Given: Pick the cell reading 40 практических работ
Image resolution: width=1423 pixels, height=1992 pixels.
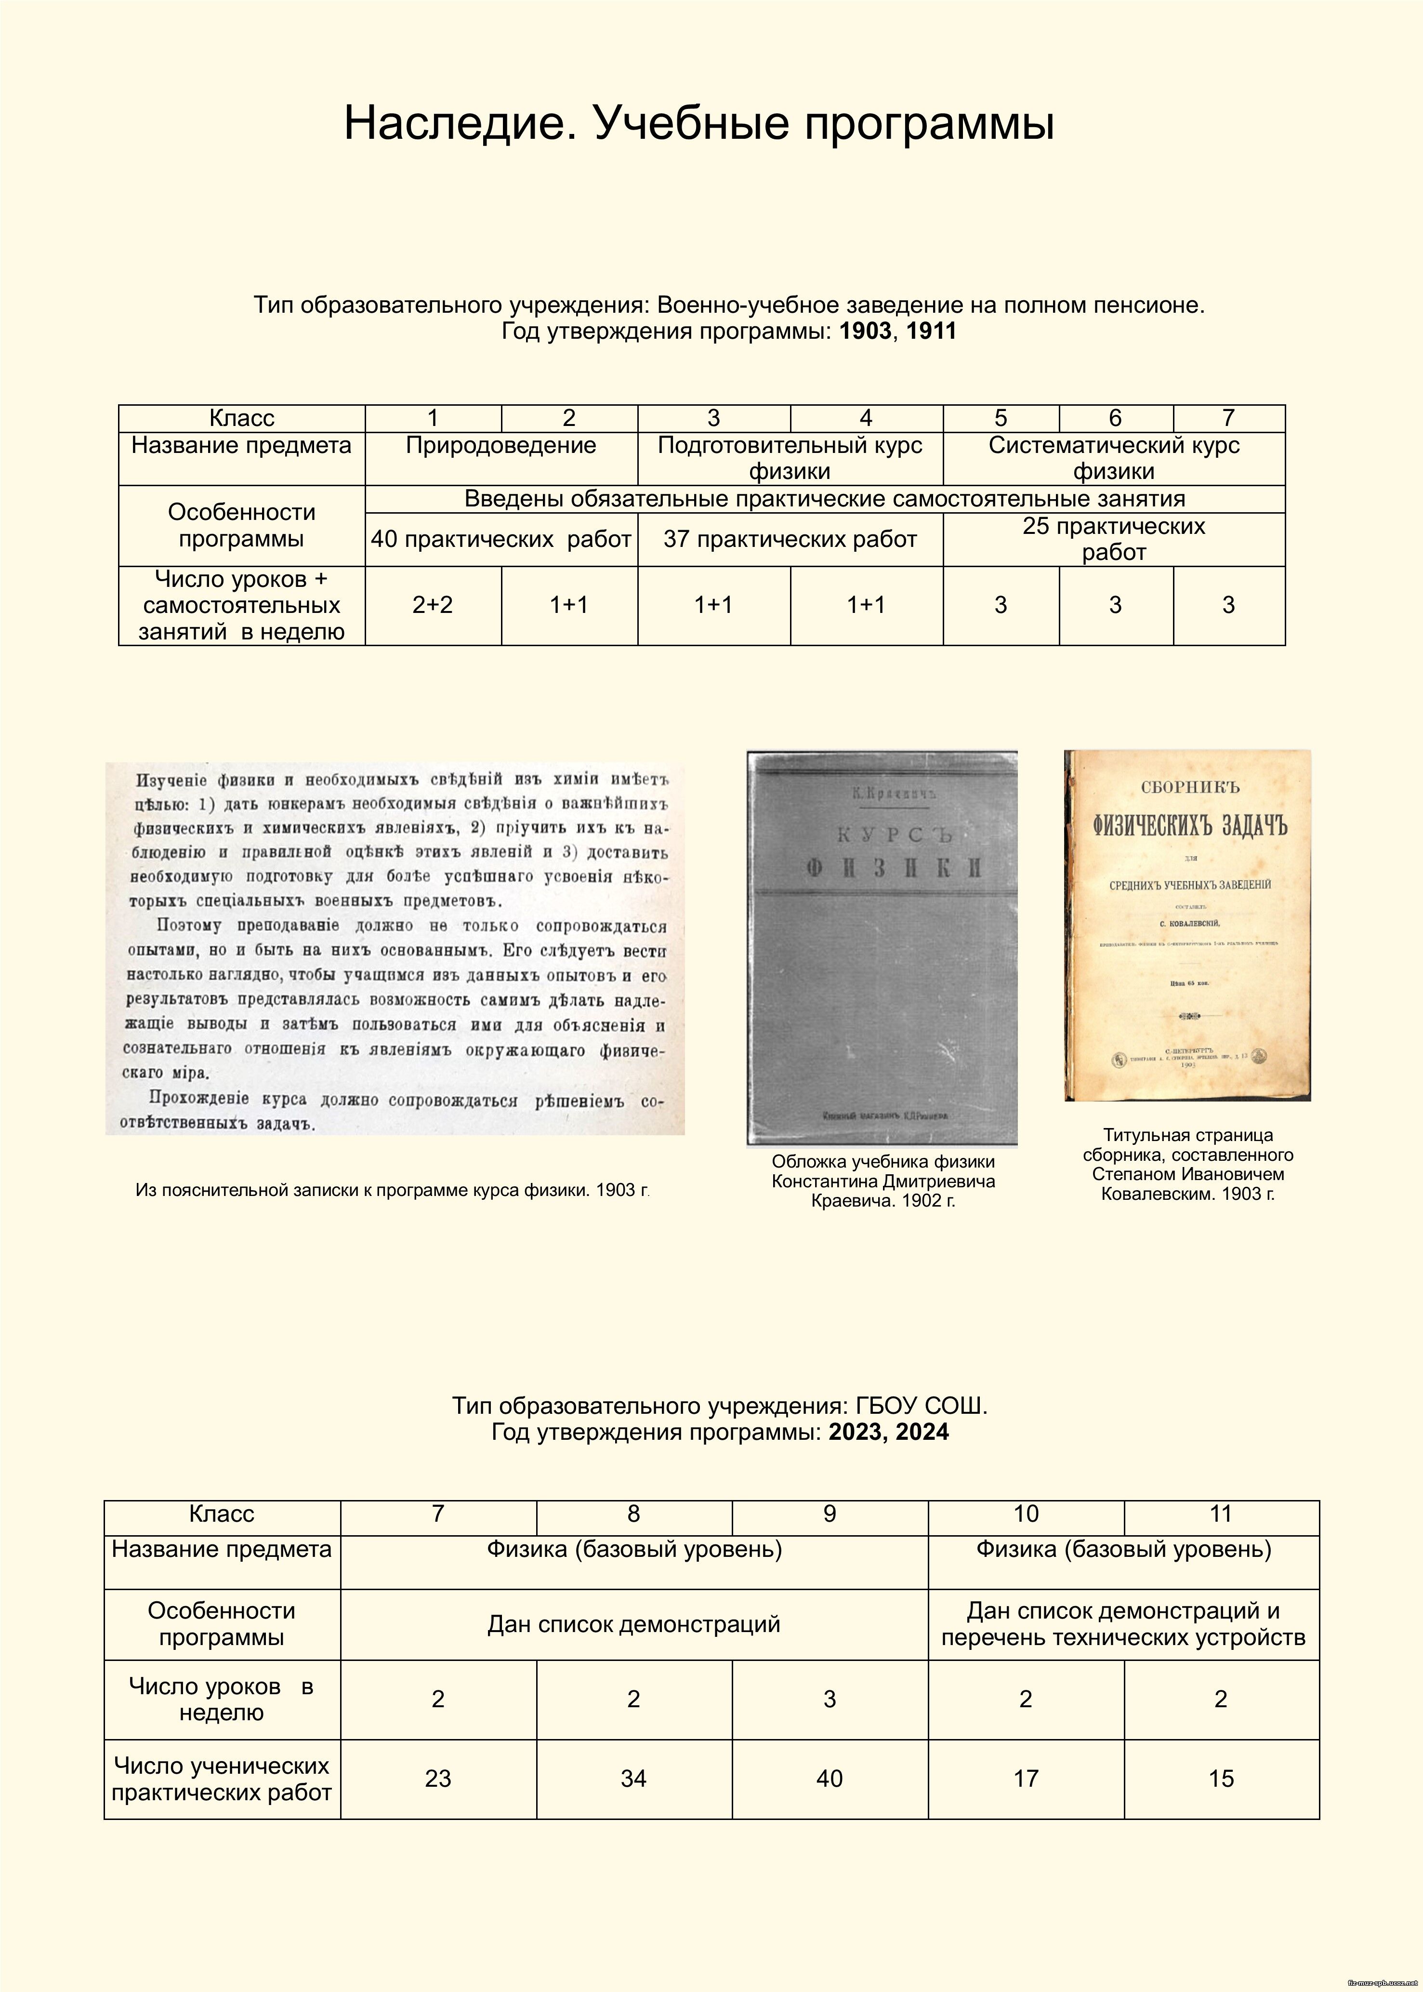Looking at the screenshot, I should (x=501, y=539).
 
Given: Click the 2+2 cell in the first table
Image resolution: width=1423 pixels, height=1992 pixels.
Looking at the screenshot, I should (x=433, y=605).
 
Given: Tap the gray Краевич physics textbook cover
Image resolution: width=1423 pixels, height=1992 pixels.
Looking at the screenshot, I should (x=882, y=946).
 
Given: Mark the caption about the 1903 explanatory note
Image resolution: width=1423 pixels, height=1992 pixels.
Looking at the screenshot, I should (x=392, y=1190).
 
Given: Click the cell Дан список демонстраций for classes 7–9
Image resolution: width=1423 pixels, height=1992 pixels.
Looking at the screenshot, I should (x=633, y=1624).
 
